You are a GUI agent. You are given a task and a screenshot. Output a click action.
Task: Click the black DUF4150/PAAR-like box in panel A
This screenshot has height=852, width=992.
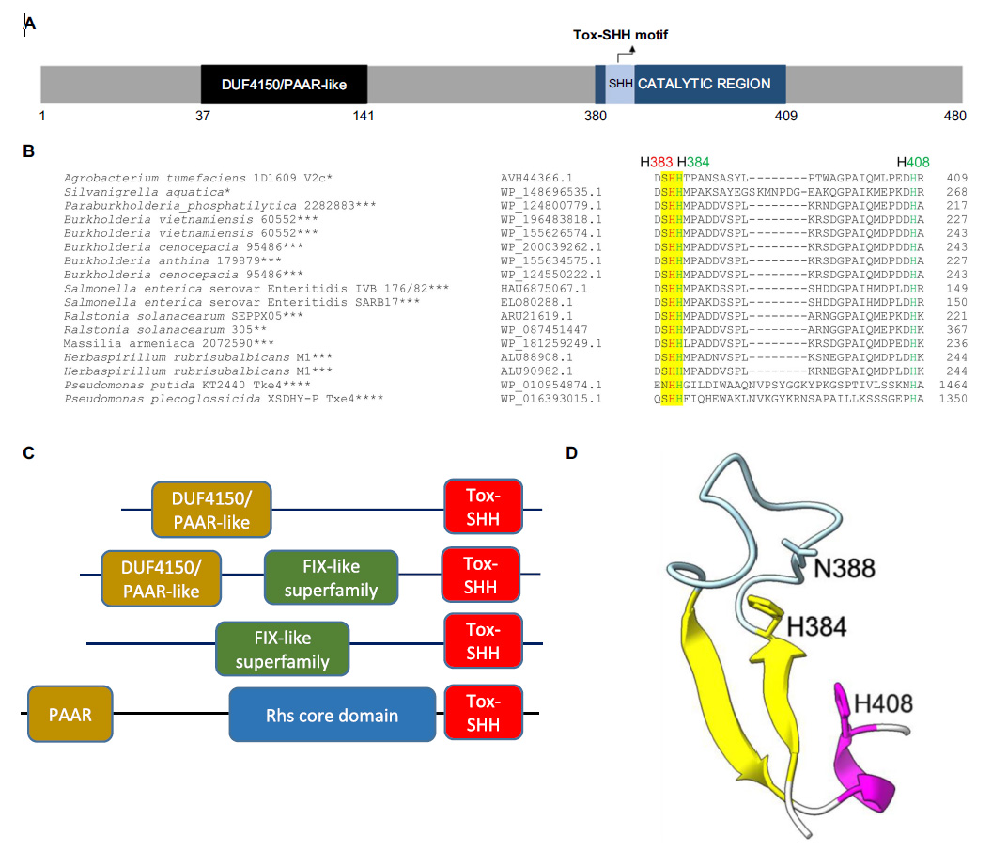pyautogui.click(x=284, y=85)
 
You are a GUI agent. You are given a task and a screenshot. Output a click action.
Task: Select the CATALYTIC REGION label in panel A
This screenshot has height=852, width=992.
pyautogui.click(x=705, y=84)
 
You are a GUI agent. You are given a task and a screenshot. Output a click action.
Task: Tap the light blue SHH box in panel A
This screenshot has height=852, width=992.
pyautogui.click(x=620, y=85)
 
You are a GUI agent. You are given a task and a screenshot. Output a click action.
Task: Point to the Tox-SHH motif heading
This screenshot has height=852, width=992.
pyautogui.click(x=620, y=35)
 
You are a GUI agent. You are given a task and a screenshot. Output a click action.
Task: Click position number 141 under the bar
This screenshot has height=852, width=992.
pyautogui.click(x=364, y=116)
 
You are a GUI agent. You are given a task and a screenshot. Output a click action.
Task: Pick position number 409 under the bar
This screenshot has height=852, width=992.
pyautogui.click(x=786, y=116)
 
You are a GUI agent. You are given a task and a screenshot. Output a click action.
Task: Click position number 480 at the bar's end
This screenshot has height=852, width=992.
pyautogui.click(x=954, y=116)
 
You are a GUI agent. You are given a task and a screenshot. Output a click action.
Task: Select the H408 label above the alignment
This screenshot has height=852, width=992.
pyautogui.click(x=913, y=162)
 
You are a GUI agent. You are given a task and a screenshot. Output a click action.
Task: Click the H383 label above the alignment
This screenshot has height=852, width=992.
pyautogui.click(x=656, y=162)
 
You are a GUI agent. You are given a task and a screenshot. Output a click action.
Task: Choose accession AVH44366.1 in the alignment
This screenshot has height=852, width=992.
pyautogui.click(x=536, y=178)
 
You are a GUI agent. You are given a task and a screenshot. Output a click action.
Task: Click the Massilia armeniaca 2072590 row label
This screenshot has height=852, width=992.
pyautogui.click(x=168, y=343)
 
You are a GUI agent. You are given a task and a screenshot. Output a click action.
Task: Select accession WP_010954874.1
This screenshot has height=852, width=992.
pyautogui.click(x=551, y=386)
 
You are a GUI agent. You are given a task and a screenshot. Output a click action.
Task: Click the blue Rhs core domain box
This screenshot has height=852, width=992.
pyautogui.click(x=333, y=715)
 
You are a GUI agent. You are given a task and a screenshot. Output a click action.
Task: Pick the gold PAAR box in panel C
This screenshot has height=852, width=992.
pyautogui.click(x=70, y=714)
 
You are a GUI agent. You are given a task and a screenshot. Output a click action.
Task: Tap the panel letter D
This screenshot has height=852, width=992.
pyautogui.click(x=572, y=453)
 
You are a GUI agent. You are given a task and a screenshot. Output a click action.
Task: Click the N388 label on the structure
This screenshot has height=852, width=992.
pyautogui.click(x=844, y=568)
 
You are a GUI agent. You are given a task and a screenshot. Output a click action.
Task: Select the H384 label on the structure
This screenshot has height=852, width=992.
pyautogui.click(x=816, y=627)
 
